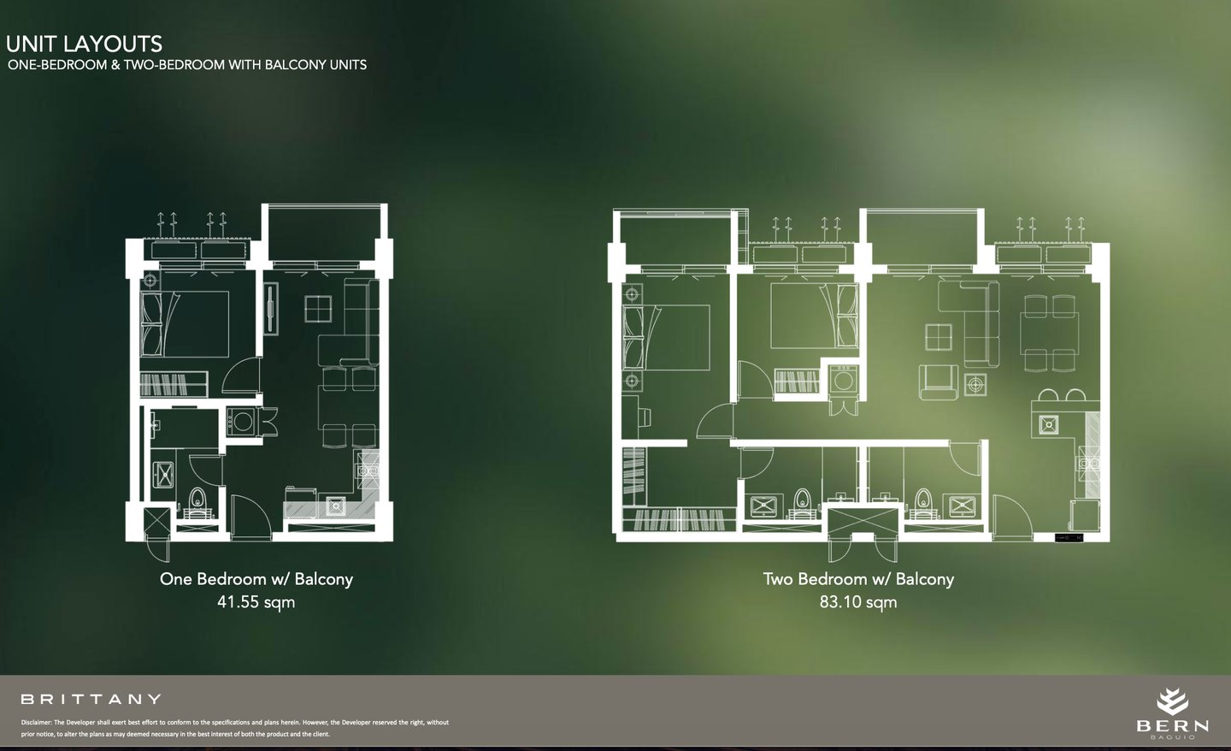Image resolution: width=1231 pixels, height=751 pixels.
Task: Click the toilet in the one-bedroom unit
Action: tap(197, 500)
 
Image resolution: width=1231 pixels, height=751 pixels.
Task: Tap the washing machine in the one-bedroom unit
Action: tap(242, 422)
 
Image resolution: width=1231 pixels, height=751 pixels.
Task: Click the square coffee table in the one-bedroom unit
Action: tap(318, 309)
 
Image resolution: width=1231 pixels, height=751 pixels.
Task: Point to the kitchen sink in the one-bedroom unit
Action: tap(335, 506)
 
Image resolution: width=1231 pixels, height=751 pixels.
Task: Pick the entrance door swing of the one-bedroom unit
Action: tap(250, 515)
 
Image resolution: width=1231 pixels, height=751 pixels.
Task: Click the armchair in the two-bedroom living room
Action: tap(939, 381)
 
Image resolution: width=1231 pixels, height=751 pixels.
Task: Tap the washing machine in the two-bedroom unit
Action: tap(844, 379)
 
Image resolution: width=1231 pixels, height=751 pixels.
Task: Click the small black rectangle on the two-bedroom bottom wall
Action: tap(1069, 537)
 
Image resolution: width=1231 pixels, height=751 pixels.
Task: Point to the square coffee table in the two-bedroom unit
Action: tap(939, 337)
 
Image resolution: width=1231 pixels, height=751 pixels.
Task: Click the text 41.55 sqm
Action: tap(256, 602)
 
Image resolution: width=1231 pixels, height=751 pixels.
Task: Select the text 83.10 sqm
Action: tap(858, 602)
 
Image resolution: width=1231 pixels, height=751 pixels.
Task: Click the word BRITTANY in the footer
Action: tap(91, 700)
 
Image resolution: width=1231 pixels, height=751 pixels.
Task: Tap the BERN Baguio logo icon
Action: tap(1172, 702)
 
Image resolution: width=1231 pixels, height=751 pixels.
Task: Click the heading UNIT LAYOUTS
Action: tap(84, 44)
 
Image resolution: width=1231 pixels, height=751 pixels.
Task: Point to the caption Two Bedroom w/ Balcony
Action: tap(858, 579)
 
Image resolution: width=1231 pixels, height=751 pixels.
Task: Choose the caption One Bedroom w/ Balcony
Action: tap(256, 579)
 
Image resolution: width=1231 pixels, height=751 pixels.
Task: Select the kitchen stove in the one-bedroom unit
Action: tap(368, 470)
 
